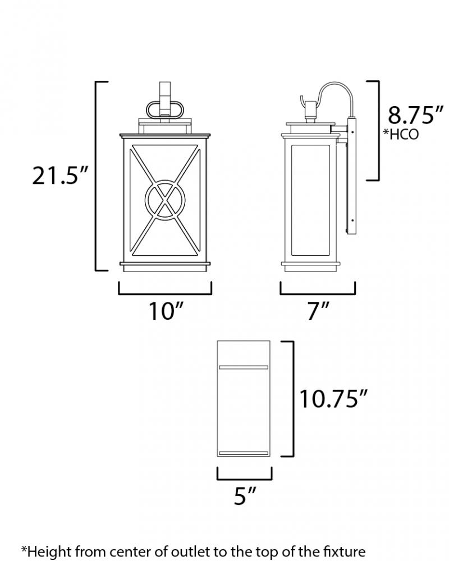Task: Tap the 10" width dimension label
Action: [166, 311]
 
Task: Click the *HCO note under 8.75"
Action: [401, 134]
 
